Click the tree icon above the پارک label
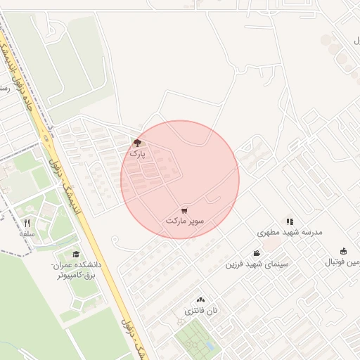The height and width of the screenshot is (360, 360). point(136,142)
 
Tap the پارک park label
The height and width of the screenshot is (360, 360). point(138,152)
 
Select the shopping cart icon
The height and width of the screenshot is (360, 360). point(184,210)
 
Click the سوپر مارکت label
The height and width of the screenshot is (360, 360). point(185,221)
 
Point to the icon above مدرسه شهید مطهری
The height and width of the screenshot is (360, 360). point(290,221)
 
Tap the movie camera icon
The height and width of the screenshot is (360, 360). point(257,253)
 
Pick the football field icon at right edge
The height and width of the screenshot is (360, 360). point(343,252)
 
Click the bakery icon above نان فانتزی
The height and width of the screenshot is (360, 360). point(200,300)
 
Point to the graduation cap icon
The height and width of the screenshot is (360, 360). point(75,255)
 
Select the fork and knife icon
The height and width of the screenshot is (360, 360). point(27,223)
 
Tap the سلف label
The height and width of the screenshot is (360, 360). point(27,233)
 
